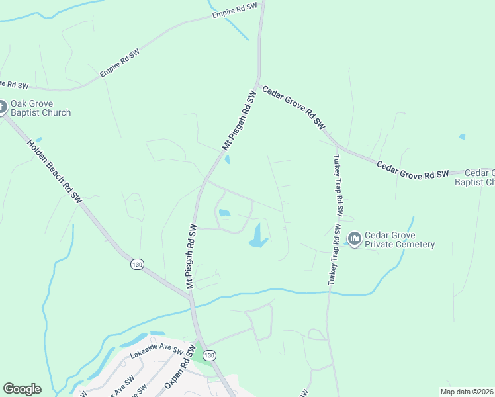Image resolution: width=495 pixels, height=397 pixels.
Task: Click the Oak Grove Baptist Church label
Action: point(40,108)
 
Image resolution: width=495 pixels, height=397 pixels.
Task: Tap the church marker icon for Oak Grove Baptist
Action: point(2,107)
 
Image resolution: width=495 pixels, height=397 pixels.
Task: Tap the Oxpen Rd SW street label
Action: point(177,371)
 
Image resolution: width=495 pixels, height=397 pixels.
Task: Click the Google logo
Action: point(22,389)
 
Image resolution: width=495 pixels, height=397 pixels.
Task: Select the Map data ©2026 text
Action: point(467,392)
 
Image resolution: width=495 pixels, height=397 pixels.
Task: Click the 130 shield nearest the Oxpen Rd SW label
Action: point(209,355)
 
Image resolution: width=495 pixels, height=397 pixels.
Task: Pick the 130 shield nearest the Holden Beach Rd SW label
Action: point(137,264)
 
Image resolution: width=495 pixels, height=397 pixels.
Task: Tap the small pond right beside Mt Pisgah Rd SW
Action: point(228,159)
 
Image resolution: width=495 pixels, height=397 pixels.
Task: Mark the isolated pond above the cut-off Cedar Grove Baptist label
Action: point(462,137)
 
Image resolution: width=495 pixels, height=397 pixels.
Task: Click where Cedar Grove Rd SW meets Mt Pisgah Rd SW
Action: point(258,85)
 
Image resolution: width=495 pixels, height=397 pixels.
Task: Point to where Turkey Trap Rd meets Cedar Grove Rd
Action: point(335,146)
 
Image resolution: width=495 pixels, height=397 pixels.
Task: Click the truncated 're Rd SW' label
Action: point(15,85)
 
